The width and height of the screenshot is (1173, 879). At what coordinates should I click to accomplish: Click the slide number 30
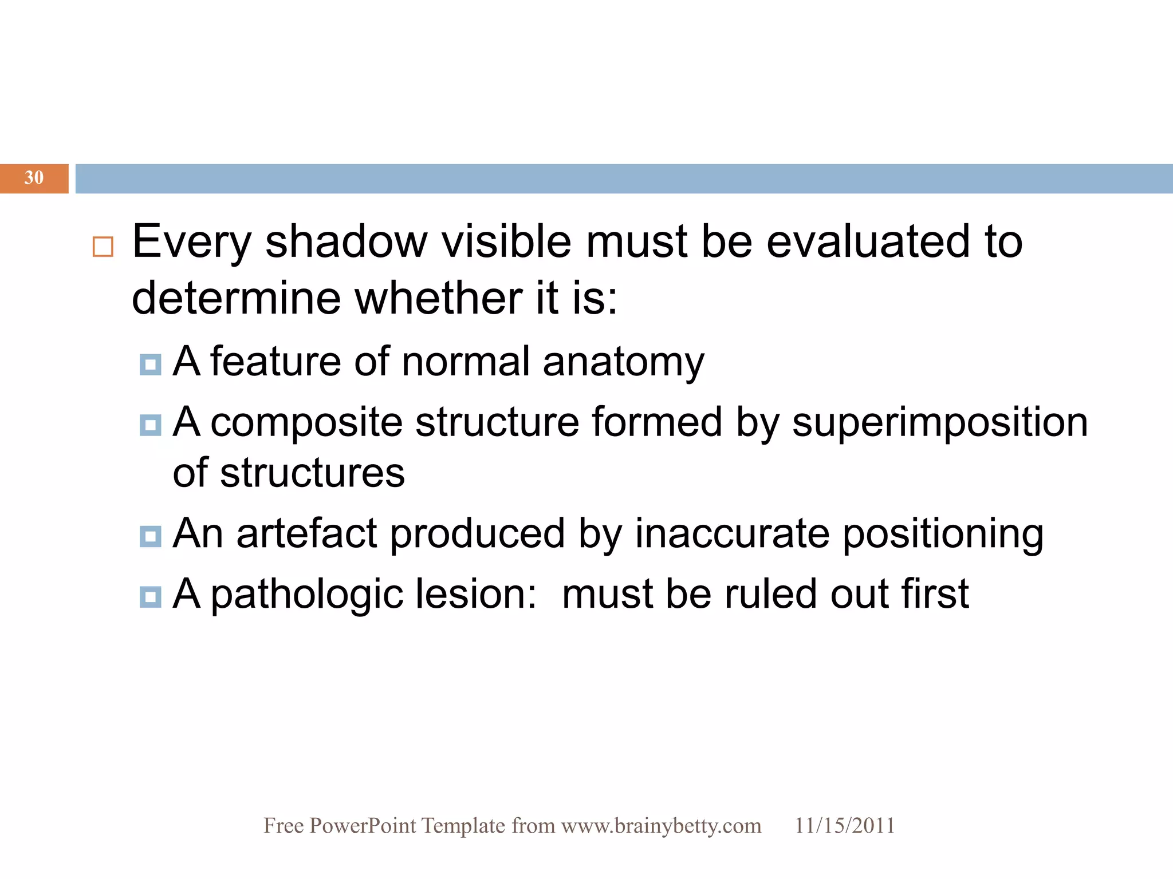pos(34,178)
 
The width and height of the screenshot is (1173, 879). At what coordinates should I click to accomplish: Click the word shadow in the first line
pos(346,241)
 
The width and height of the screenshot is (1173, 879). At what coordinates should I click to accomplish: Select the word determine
pos(236,298)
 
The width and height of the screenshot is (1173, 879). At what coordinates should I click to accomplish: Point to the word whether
pos(438,298)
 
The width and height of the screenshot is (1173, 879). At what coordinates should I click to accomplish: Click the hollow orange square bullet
pos(103,247)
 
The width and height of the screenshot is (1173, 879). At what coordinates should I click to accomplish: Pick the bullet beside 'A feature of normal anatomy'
pos(150,365)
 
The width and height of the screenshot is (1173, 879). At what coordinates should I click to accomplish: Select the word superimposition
pos(940,422)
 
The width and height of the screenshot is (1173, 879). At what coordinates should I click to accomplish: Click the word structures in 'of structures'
pos(312,473)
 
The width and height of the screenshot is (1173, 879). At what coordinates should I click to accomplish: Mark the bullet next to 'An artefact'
pos(150,536)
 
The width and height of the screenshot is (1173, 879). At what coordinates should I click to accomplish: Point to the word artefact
pos(307,533)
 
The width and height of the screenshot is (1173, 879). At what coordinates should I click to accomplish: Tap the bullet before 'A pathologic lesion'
pos(150,597)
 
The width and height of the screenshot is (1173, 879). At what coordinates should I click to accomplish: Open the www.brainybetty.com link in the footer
pos(661,826)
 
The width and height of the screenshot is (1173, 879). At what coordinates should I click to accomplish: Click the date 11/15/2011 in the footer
pos(844,826)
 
